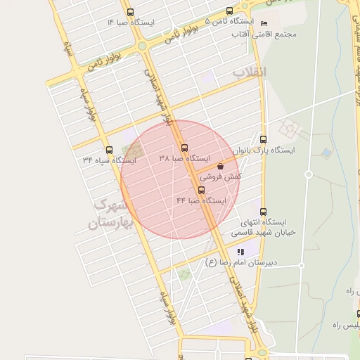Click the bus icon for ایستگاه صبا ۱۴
pyautogui.click(x=129, y=12)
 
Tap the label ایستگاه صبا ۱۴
pyautogui.click(x=130, y=22)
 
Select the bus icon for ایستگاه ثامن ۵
pyautogui.click(x=230, y=11)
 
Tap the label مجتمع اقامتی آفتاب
pyautogui.click(x=276, y=34)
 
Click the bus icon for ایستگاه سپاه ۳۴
pyautogui.click(x=108, y=150)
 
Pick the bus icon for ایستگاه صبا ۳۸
pyautogui.click(x=184, y=148)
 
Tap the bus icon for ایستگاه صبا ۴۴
pyautogui.click(x=202, y=191)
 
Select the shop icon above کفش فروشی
pyautogui.click(x=221, y=167)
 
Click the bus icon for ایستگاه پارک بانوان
pyautogui.click(x=263, y=139)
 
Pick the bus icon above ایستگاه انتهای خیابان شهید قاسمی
pyautogui.click(x=263, y=211)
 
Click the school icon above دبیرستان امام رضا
pyautogui.click(x=240, y=252)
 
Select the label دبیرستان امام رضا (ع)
pyautogui.click(x=241, y=262)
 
